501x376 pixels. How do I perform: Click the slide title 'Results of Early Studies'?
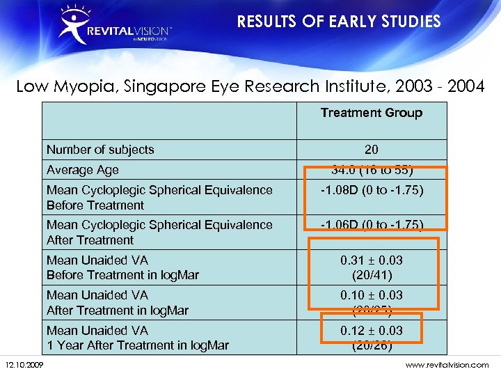point(339,22)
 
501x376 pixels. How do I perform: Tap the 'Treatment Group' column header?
point(371,112)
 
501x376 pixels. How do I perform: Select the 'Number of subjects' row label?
point(100,149)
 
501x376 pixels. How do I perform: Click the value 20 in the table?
point(371,149)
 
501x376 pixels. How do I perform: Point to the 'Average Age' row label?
point(82,170)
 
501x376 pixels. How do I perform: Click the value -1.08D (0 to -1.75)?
point(372,190)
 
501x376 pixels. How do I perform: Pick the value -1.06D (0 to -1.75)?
point(372,224)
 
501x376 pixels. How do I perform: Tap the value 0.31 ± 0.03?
point(371,260)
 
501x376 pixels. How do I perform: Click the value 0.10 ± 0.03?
point(371,295)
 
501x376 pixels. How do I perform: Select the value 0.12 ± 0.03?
point(371,330)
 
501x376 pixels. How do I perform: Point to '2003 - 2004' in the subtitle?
point(440,86)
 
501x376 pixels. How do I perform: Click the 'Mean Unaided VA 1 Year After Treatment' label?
point(137,338)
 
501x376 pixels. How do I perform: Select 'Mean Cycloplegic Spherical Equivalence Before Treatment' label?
point(159,197)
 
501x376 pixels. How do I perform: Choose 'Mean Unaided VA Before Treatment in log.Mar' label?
point(122,267)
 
